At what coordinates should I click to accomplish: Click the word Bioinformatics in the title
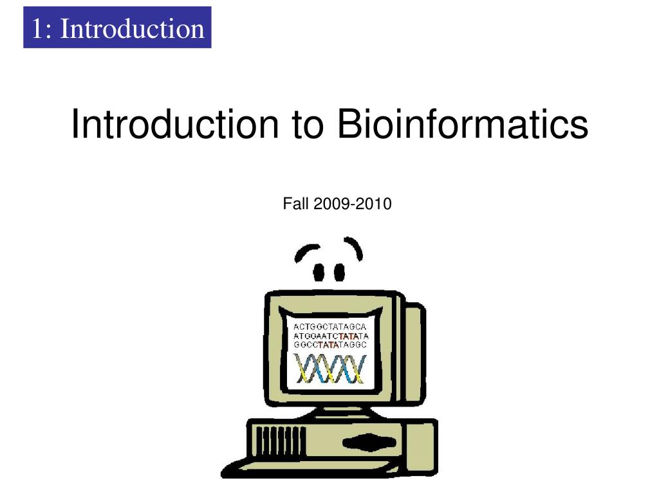pos(463,124)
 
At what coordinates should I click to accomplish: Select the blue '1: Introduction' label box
pos(117,28)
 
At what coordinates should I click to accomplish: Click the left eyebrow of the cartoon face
pos(308,253)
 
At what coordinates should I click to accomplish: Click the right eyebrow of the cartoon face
pos(353,247)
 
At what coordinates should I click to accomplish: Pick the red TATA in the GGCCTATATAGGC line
pos(333,345)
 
